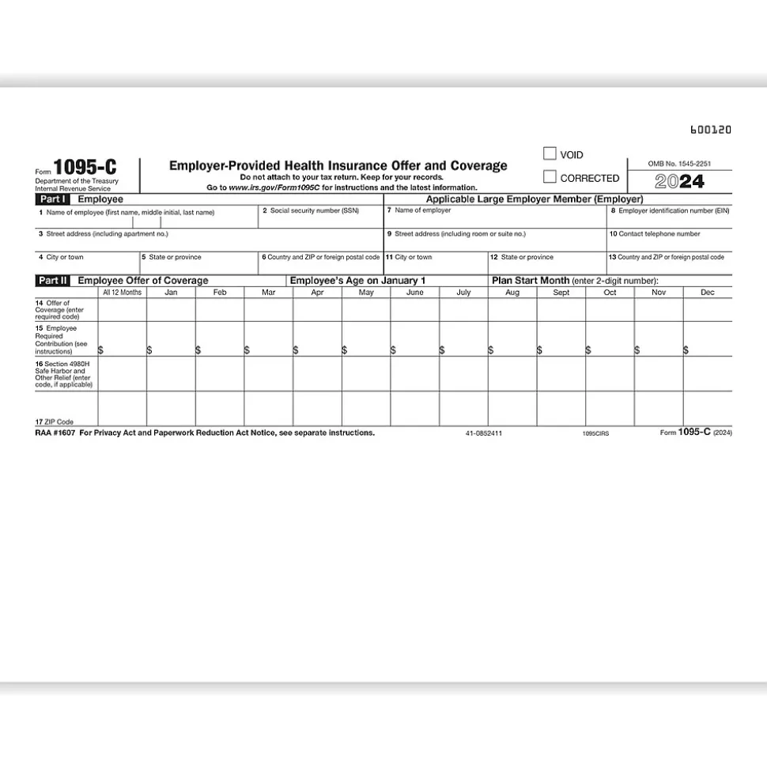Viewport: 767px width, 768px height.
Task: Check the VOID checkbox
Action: click(x=550, y=154)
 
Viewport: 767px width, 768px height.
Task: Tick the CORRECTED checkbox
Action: click(x=550, y=177)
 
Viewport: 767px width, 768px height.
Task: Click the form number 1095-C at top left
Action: click(x=89, y=168)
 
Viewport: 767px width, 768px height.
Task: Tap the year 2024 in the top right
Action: click(x=679, y=182)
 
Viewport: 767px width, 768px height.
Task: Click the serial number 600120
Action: click(x=711, y=130)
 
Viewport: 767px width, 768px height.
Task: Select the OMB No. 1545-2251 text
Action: click(x=679, y=164)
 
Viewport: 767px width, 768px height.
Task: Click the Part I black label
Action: click(x=53, y=200)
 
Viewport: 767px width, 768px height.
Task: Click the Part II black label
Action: click(x=53, y=281)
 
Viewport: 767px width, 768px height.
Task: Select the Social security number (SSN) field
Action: click(x=321, y=218)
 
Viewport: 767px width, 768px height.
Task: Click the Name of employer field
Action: click(x=495, y=218)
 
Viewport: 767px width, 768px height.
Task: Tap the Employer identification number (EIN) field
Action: click(x=669, y=218)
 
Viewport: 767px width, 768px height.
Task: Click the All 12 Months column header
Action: click(x=123, y=293)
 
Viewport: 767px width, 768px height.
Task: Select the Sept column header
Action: click(x=561, y=293)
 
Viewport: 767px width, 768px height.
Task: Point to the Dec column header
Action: click(x=708, y=293)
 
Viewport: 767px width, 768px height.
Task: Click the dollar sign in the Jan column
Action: click(x=149, y=350)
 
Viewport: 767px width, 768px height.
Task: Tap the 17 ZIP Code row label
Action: click(x=55, y=422)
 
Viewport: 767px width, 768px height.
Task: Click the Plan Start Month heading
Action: click(x=531, y=281)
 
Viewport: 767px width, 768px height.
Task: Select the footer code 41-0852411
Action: click(x=484, y=433)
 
